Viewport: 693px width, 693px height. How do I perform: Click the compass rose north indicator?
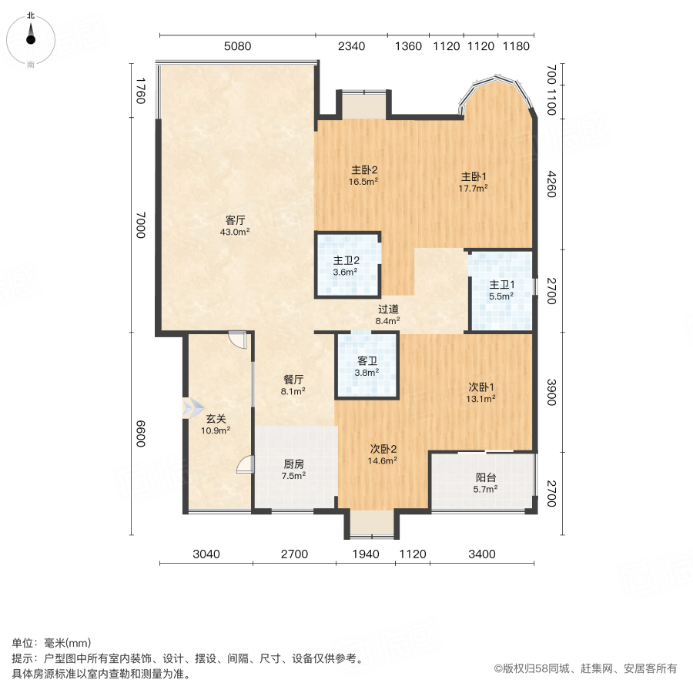[31, 35]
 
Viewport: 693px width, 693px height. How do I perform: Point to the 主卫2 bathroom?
[346, 260]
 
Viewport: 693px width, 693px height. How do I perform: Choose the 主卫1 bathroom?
[501, 284]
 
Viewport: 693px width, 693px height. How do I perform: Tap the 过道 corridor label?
[387, 309]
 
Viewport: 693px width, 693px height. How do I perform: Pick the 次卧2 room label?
[383, 449]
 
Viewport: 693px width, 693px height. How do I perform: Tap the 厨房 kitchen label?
[293, 464]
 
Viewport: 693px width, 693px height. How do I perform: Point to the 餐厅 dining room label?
[293, 380]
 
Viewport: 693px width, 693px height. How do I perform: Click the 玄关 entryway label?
[216, 420]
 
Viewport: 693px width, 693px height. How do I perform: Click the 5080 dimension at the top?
[237, 46]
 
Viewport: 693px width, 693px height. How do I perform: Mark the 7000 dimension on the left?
[139, 224]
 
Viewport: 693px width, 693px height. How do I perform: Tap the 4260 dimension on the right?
[551, 184]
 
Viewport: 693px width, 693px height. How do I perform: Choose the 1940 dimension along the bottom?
[365, 554]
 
